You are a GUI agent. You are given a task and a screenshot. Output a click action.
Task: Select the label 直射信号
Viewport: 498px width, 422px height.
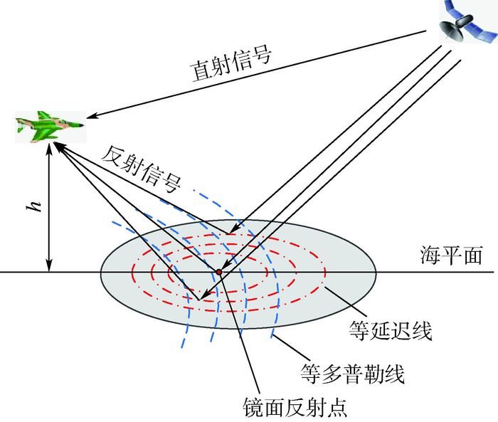pos(231,65)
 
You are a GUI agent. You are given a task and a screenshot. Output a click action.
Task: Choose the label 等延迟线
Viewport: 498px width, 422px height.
pos(391,329)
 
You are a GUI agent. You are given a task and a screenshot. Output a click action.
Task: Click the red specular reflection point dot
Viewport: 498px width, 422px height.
pos(219,272)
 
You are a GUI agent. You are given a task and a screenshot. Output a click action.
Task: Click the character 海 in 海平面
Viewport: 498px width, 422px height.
pos(427,255)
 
